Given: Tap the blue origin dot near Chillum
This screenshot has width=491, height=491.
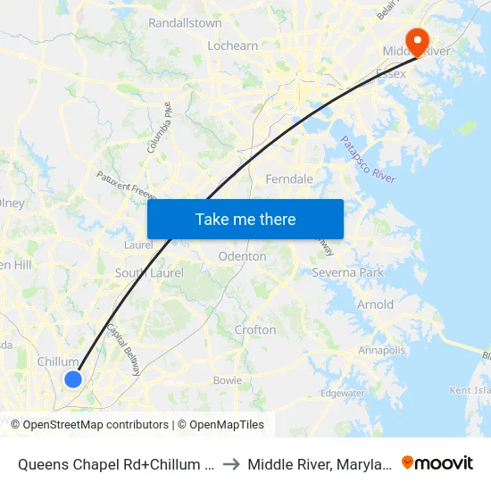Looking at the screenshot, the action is pos(73,379).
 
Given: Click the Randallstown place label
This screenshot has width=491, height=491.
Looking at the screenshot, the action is pos(185,22).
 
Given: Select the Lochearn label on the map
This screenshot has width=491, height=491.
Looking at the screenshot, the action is pos(232,46).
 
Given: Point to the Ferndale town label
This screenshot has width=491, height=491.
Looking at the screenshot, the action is pos(289,179).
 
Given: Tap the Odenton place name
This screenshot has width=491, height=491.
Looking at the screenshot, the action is pos(242,256).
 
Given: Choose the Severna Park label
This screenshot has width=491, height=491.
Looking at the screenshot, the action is pos(347,271).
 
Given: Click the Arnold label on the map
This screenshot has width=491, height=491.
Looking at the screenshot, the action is pos(375,304).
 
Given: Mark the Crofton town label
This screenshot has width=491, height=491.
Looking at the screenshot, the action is pos(255,329).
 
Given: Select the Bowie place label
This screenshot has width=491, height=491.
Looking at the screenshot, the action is pos(228,380).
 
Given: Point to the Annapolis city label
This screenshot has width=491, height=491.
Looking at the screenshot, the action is pos(382,350).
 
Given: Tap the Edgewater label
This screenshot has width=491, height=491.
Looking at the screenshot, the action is pos(343,393).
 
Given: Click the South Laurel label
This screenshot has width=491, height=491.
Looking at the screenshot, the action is pos(146,272).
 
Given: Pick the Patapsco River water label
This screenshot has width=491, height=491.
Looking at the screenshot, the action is pos(368,160).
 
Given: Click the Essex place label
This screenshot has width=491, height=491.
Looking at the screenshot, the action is pos(391,73).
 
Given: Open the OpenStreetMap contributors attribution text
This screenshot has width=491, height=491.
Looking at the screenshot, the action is pos(96,425).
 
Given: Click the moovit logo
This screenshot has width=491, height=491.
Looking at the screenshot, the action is pos(437,462).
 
